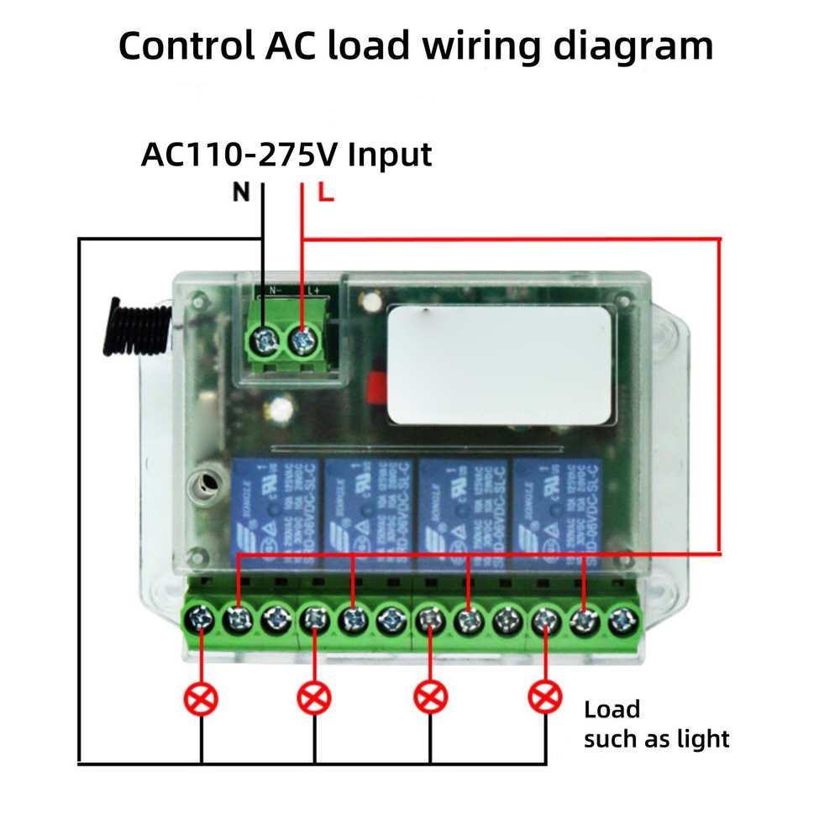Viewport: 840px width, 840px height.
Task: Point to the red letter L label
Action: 326,194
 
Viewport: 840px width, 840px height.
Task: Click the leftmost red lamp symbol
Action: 202,696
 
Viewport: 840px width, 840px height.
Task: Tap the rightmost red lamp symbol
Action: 545,696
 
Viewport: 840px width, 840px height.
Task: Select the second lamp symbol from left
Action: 315,696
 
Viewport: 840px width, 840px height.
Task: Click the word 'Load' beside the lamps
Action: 612,710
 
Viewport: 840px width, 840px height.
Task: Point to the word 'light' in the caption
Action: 706,739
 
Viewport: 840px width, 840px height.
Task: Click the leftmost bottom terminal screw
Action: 201,621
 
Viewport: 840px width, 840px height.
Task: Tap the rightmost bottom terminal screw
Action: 620,621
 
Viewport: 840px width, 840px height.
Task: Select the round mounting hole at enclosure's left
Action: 202,484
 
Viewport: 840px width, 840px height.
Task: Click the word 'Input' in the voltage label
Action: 390,155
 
